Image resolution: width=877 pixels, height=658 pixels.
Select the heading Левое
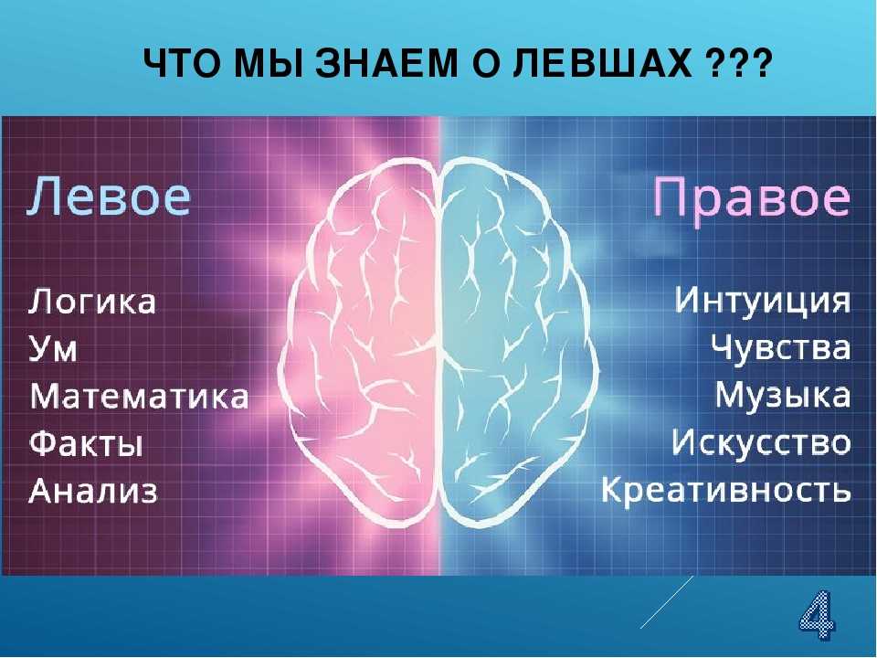point(109,196)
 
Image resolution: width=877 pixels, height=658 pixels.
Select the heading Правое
point(752,198)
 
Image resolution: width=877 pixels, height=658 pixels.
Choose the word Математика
point(139,396)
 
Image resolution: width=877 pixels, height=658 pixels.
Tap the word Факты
point(86,444)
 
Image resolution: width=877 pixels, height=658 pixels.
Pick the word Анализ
point(93,492)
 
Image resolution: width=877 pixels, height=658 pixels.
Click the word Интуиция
point(762,301)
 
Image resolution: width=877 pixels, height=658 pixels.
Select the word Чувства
point(781,347)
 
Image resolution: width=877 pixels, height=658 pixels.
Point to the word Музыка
point(783,395)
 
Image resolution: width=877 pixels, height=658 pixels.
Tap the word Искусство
point(761,442)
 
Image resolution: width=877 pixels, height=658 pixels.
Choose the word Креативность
point(726,490)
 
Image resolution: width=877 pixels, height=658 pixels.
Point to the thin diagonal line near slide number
point(667,602)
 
